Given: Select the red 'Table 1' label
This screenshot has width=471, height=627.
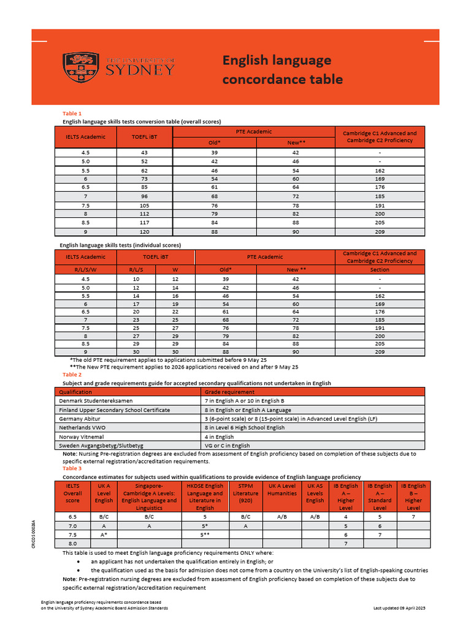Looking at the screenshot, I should coord(72,113).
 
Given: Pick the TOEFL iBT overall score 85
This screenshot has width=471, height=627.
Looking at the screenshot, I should coord(144,188).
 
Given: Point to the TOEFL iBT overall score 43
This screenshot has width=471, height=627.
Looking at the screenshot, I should coord(144,152).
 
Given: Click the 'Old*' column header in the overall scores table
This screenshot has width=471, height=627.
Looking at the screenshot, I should coord(215,143).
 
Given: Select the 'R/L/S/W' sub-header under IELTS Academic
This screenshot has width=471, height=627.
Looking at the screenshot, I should coord(85,269).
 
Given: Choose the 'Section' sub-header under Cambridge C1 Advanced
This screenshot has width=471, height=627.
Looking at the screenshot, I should coord(380,269).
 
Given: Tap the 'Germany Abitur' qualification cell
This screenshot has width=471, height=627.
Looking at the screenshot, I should coord(78,418).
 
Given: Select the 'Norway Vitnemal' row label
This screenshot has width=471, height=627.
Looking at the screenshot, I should coord(82,437).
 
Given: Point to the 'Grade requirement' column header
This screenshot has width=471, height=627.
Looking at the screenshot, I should coord(229,392).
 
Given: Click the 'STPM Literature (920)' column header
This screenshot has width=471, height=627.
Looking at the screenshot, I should coord(245,494).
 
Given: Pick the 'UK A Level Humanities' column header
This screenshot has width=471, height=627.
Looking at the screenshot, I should coord(282,489).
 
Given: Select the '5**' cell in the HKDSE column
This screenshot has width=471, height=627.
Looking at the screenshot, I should coord(205,535).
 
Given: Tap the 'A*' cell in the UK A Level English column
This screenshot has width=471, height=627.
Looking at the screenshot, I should coord(104,535).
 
